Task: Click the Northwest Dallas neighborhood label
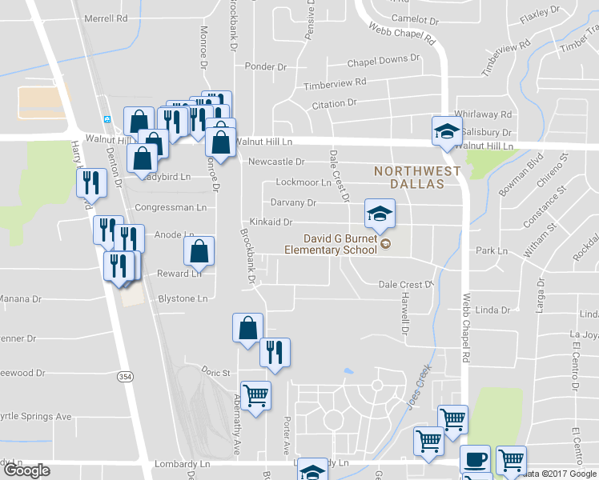point(418,177)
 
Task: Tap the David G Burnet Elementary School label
point(331,244)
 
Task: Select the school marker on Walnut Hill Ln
point(447,133)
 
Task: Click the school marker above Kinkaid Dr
point(380,214)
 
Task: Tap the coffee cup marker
point(476,461)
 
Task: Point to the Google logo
point(26,470)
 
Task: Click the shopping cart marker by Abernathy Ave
point(255,396)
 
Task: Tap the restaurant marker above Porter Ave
point(275,353)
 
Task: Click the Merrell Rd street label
point(106,18)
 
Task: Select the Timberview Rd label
point(334,82)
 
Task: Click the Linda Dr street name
point(493,310)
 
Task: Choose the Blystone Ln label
point(184,298)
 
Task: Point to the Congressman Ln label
point(170,207)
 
